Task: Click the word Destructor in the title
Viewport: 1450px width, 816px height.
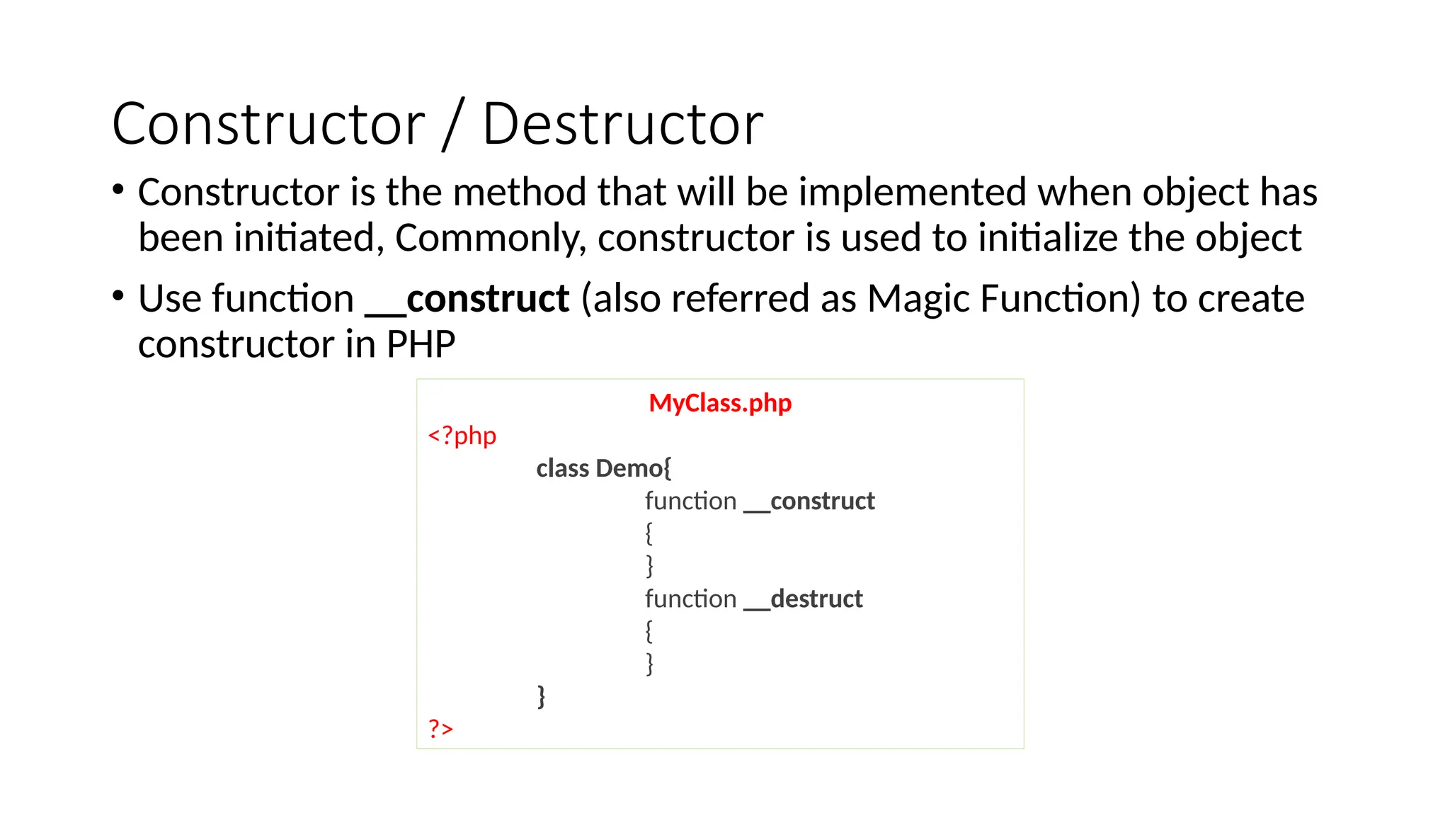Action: pyautogui.click(x=622, y=125)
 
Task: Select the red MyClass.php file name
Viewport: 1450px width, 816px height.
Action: pyautogui.click(x=720, y=403)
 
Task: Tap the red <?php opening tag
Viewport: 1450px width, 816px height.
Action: pyautogui.click(x=462, y=436)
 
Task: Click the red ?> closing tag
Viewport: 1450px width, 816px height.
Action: pyautogui.click(x=440, y=727)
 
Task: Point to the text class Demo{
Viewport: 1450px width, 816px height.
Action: pyautogui.click(x=603, y=468)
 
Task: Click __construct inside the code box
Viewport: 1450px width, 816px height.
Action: pyautogui.click(x=809, y=501)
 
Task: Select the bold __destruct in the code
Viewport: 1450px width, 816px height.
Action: pyautogui.click(x=803, y=599)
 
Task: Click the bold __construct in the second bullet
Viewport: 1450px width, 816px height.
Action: pyautogui.click(x=467, y=298)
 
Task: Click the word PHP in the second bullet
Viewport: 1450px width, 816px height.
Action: pyautogui.click(x=421, y=344)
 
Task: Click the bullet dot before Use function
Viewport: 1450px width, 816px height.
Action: pyautogui.click(x=118, y=295)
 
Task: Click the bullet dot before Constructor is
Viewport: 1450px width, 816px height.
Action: pyautogui.click(x=118, y=189)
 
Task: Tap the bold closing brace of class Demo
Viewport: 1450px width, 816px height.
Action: pyautogui.click(x=542, y=696)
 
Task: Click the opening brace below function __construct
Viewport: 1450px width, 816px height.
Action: pyautogui.click(x=649, y=533)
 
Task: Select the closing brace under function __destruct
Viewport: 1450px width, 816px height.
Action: pyautogui.click(x=649, y=664)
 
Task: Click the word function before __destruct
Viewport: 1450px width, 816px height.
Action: pyautogui.click(x=690, y=599)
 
